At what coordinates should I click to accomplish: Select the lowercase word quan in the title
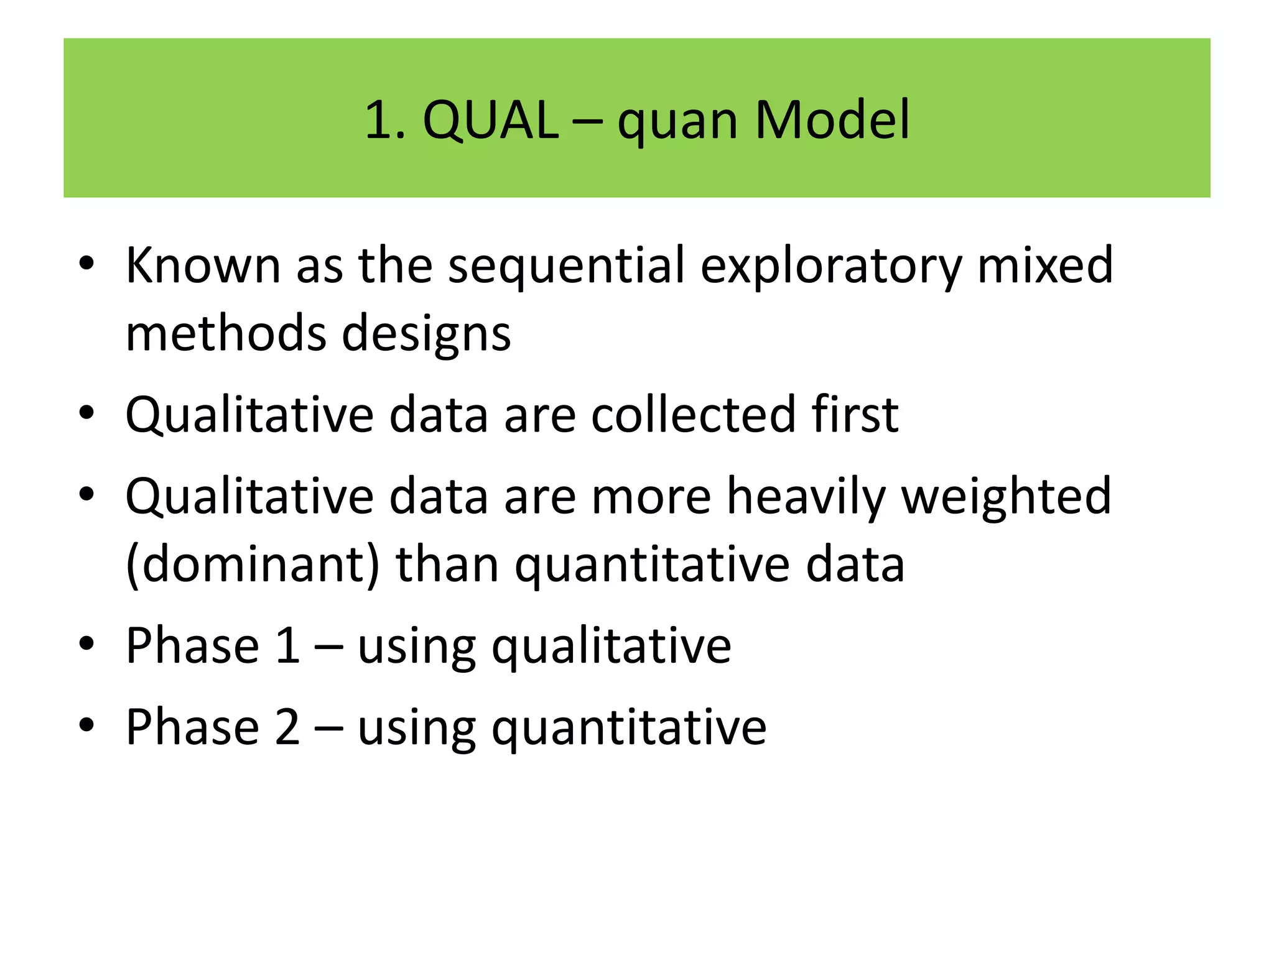(x=678, y=122)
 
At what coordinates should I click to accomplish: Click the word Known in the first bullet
(x=203, y=265)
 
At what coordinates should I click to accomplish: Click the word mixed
(x=1045, y=265)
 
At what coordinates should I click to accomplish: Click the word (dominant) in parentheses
(x=253, y=565)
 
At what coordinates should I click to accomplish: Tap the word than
(x=447, y=565)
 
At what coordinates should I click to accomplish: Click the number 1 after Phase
(x=287, y=646)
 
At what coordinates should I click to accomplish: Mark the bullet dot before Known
(x=86, y=263)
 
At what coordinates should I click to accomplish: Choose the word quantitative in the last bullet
(x=629, y=729)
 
